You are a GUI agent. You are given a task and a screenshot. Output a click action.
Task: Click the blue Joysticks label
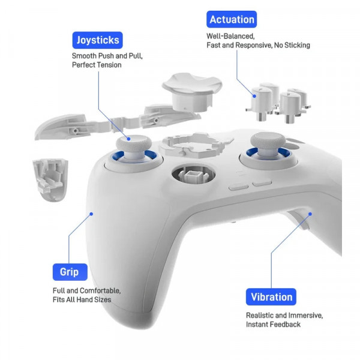98,40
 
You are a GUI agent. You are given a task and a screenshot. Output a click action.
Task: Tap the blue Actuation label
232,19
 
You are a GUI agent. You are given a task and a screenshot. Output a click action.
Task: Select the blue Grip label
70,272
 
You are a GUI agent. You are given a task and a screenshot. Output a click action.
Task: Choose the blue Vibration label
271,297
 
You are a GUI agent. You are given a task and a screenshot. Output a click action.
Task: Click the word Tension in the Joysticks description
109,65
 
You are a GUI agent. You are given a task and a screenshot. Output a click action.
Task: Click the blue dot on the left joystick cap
129,139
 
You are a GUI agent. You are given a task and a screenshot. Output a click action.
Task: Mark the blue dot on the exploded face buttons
254,96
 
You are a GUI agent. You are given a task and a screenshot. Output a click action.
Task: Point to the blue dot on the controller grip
91,214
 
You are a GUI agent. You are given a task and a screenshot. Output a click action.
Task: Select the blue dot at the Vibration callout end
310,214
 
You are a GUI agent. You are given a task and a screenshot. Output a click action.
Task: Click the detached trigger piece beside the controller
50,179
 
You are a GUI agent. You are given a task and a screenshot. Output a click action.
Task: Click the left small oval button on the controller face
239,187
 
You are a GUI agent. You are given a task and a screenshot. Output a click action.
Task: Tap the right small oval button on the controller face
262,184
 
